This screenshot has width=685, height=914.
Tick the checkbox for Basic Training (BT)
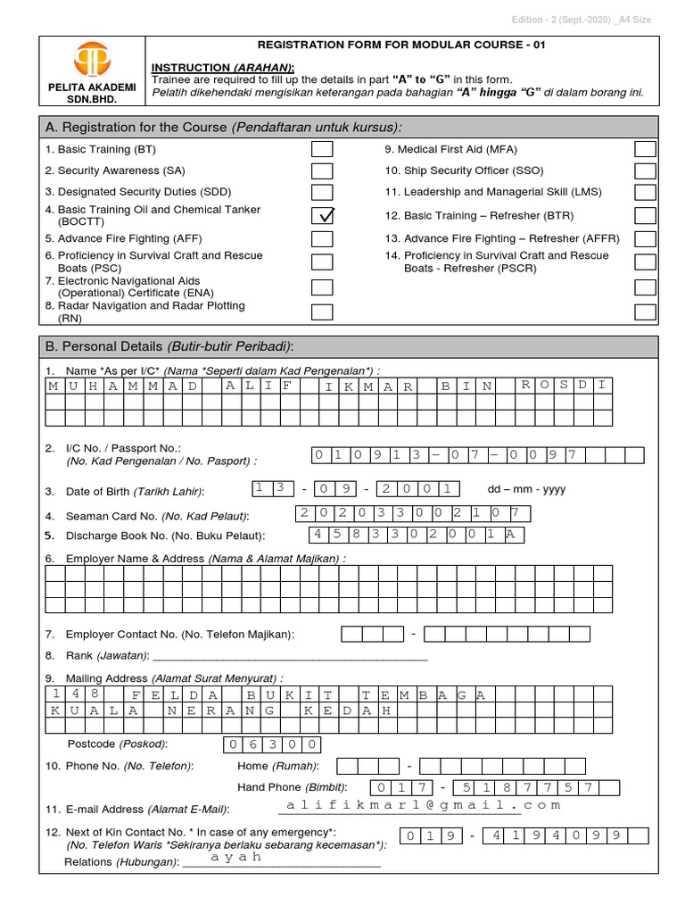pos(322,149)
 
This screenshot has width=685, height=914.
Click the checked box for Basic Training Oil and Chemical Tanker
pos(322,215)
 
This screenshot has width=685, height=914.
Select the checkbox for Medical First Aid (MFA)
pos(645,149)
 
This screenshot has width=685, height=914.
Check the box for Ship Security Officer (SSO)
pos(645,170)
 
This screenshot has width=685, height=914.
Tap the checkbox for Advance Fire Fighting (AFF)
pos(322,238)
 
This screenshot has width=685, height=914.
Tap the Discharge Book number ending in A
pos(417,535)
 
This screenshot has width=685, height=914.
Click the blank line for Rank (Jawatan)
pos(303,657)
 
